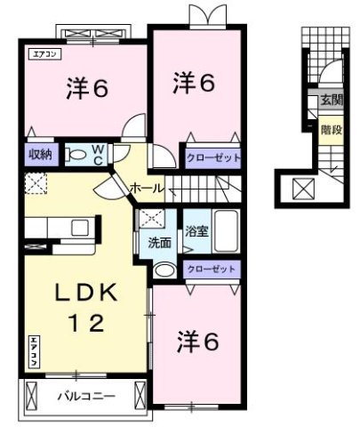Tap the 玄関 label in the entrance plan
pyautogui.click(x=331, y=101)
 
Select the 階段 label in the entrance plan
pyautogui.click(x=330, y=128)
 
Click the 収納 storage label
pyautogui.click(x=40, y=154)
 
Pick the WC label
pyautogui.click(x=97, y=154)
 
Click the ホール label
pyautogui.click(x=145, y=188)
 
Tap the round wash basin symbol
pyautogui.click(x=164, y=270)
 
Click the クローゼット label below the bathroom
pyautogui.click(x=212, y=269)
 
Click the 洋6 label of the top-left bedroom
pyautogui.click(x=86, y=88)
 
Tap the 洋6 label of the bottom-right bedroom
pyautogui.click(x=197, y=341)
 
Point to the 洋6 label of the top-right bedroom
pyautogui.click(x=193, y=83)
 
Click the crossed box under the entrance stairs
pyautogui.click(x=302, y=189)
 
